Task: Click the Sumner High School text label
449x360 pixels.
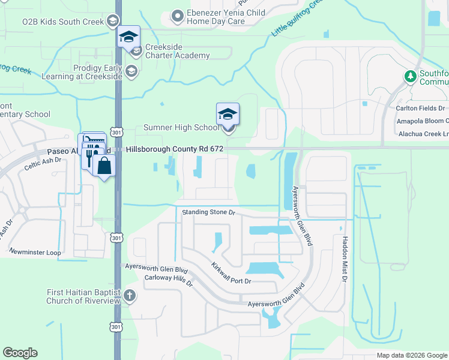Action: pyautogui.click(x=181, y=127)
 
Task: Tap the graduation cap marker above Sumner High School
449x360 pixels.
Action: pyautogui.click(x=228, y=114)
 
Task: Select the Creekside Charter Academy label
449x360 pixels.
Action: pyautogui.click(x=176, y=51)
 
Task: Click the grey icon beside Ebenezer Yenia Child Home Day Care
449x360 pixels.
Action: pyautogui.click(x=176, y=16)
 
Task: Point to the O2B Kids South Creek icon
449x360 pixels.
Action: pyautogui.click(x=112, y=22)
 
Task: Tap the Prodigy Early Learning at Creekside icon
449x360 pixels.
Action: pyautogui.click(x=131, y=72)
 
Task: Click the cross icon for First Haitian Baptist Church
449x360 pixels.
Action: pyautogui.click(x=130, y=296)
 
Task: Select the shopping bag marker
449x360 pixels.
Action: pyautogui.click(x=104, y=166)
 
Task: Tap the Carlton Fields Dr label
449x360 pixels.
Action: pyautogui.click(x=420, y=108)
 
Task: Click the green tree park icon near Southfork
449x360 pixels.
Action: pyautogui.click(x=410, y=76)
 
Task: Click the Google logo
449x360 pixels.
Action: pyautogui.click(x=20, y=353)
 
